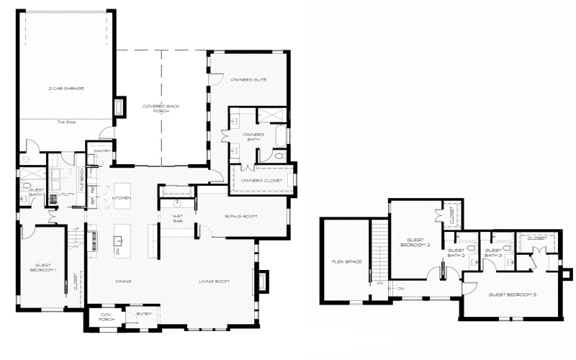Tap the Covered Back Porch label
163,109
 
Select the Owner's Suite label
249,80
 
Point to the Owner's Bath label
255,137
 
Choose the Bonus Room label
240,216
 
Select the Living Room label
214,282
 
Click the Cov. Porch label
106,316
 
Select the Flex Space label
341,262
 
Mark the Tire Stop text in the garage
66,122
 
